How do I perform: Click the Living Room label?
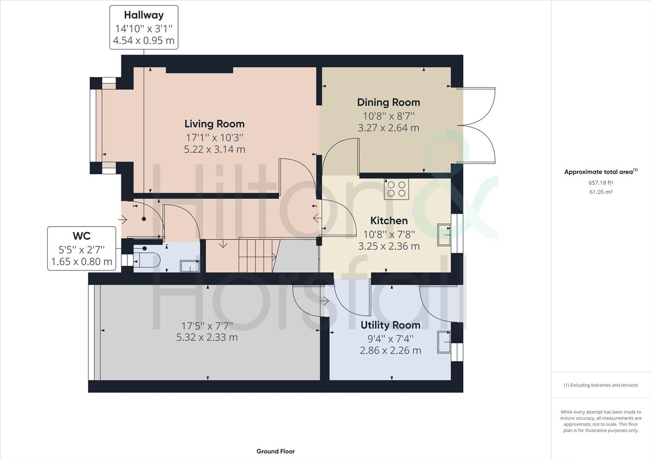214,124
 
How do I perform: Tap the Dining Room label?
388,102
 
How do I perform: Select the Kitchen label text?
389,221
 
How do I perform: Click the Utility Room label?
390,325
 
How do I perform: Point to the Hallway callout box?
144,27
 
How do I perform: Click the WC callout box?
81,248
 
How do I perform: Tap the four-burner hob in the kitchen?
396,189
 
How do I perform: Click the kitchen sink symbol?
444,235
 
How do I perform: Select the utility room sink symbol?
444,342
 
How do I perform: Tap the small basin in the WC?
190,266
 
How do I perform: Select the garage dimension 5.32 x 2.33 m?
207,337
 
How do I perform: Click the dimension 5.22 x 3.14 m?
214,149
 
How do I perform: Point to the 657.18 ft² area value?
601,183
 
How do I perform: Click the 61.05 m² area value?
601,192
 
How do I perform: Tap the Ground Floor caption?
275,451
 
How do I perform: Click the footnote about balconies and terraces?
601,385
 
